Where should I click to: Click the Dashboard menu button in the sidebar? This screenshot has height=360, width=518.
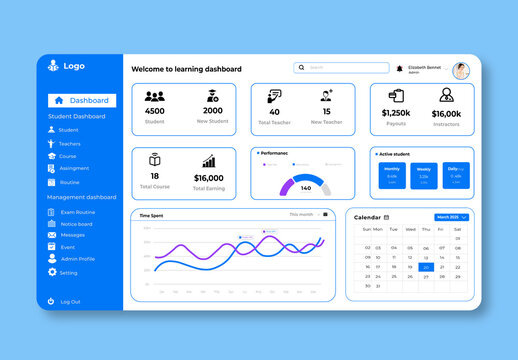tap(82, 100)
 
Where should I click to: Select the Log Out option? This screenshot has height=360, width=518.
tap(70, 301)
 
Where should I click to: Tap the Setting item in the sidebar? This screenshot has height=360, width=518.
tap(68, 272)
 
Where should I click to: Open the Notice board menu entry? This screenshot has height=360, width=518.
tap(76, 224)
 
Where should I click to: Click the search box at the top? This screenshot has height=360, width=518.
tap(340, 68)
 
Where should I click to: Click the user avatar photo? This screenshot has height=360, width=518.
tap(461, 70)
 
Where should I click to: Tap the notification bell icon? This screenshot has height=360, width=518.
tap(400, 68)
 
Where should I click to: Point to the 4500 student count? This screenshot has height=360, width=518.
tap(154, 111)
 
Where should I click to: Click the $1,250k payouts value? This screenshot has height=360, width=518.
tap(396, 113)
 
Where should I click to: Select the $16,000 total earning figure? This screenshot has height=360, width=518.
tap(208, 178)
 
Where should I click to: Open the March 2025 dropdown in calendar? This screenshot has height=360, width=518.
tap(451, 217)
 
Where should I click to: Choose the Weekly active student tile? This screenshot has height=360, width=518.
tap(424, 175)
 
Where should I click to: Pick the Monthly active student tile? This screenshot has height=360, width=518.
tap(392, 175)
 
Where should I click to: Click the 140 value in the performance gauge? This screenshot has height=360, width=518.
tap(305, 188)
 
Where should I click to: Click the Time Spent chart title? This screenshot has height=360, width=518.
tap(151, 215)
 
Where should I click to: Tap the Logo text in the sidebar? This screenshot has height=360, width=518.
tap(74, 66)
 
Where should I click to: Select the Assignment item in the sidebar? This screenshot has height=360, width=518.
tap(74, 168)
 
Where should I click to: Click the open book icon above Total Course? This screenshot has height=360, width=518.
tap(155, 160)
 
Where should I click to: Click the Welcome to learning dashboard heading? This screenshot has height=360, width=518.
tap(187, 69)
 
